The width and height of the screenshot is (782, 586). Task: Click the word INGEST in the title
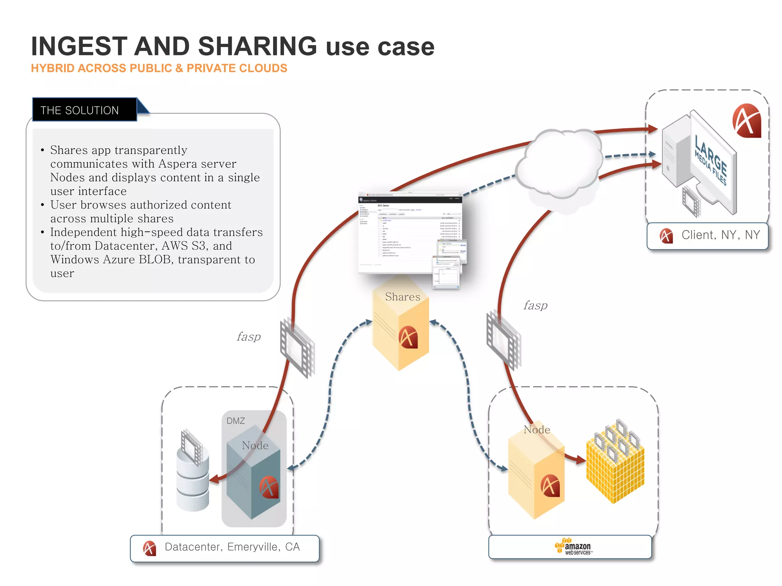pyautogui.click(x=79, y=47)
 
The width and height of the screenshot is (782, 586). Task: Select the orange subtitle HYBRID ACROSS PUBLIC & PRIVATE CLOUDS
pyautogui.click(x=159, y=68)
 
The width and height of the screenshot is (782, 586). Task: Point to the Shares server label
pyautogui.click(x=402, y=297)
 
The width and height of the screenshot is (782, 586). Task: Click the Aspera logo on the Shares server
pyautogui.click(x=408, y=338)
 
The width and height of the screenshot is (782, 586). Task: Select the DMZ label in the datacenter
pyautogui.click(x=236, y=421)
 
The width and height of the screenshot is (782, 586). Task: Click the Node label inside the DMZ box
pyautogui.click(x=255, y=446)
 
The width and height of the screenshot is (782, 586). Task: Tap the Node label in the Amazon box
pyautogui.click(x=537, y=430)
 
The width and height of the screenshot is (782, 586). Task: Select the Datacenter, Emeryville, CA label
pyautogui.click(x=232, y=547)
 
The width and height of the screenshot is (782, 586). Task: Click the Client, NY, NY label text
pyautogui.click(x=721, y=235)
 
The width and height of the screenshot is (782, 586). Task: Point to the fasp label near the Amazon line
pyautogui.click(x=535, y=306)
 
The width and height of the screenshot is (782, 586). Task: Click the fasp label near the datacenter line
pyautogui.click(x=249, y=337)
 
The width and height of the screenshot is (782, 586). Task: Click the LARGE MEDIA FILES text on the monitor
pyautogui.click(x=710, y=160)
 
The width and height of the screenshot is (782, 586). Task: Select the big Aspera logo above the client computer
pyautogui.click(x=746, y=121)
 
